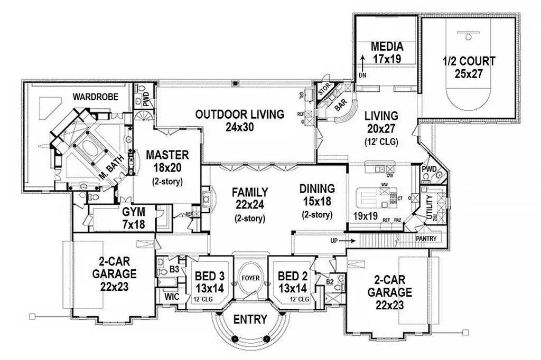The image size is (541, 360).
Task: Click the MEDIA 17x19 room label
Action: click(x=387, y=52)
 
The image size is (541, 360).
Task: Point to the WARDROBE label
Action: click(x=95, y=97)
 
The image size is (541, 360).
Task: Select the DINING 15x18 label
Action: click(x=317, y=201)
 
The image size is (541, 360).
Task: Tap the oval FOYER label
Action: click(x=250, y=277)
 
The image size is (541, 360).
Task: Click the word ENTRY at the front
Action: click(x=250, y=320)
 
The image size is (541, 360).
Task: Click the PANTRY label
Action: click(x=426, y=239)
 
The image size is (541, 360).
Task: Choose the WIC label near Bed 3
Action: click(x=172, y=297)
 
